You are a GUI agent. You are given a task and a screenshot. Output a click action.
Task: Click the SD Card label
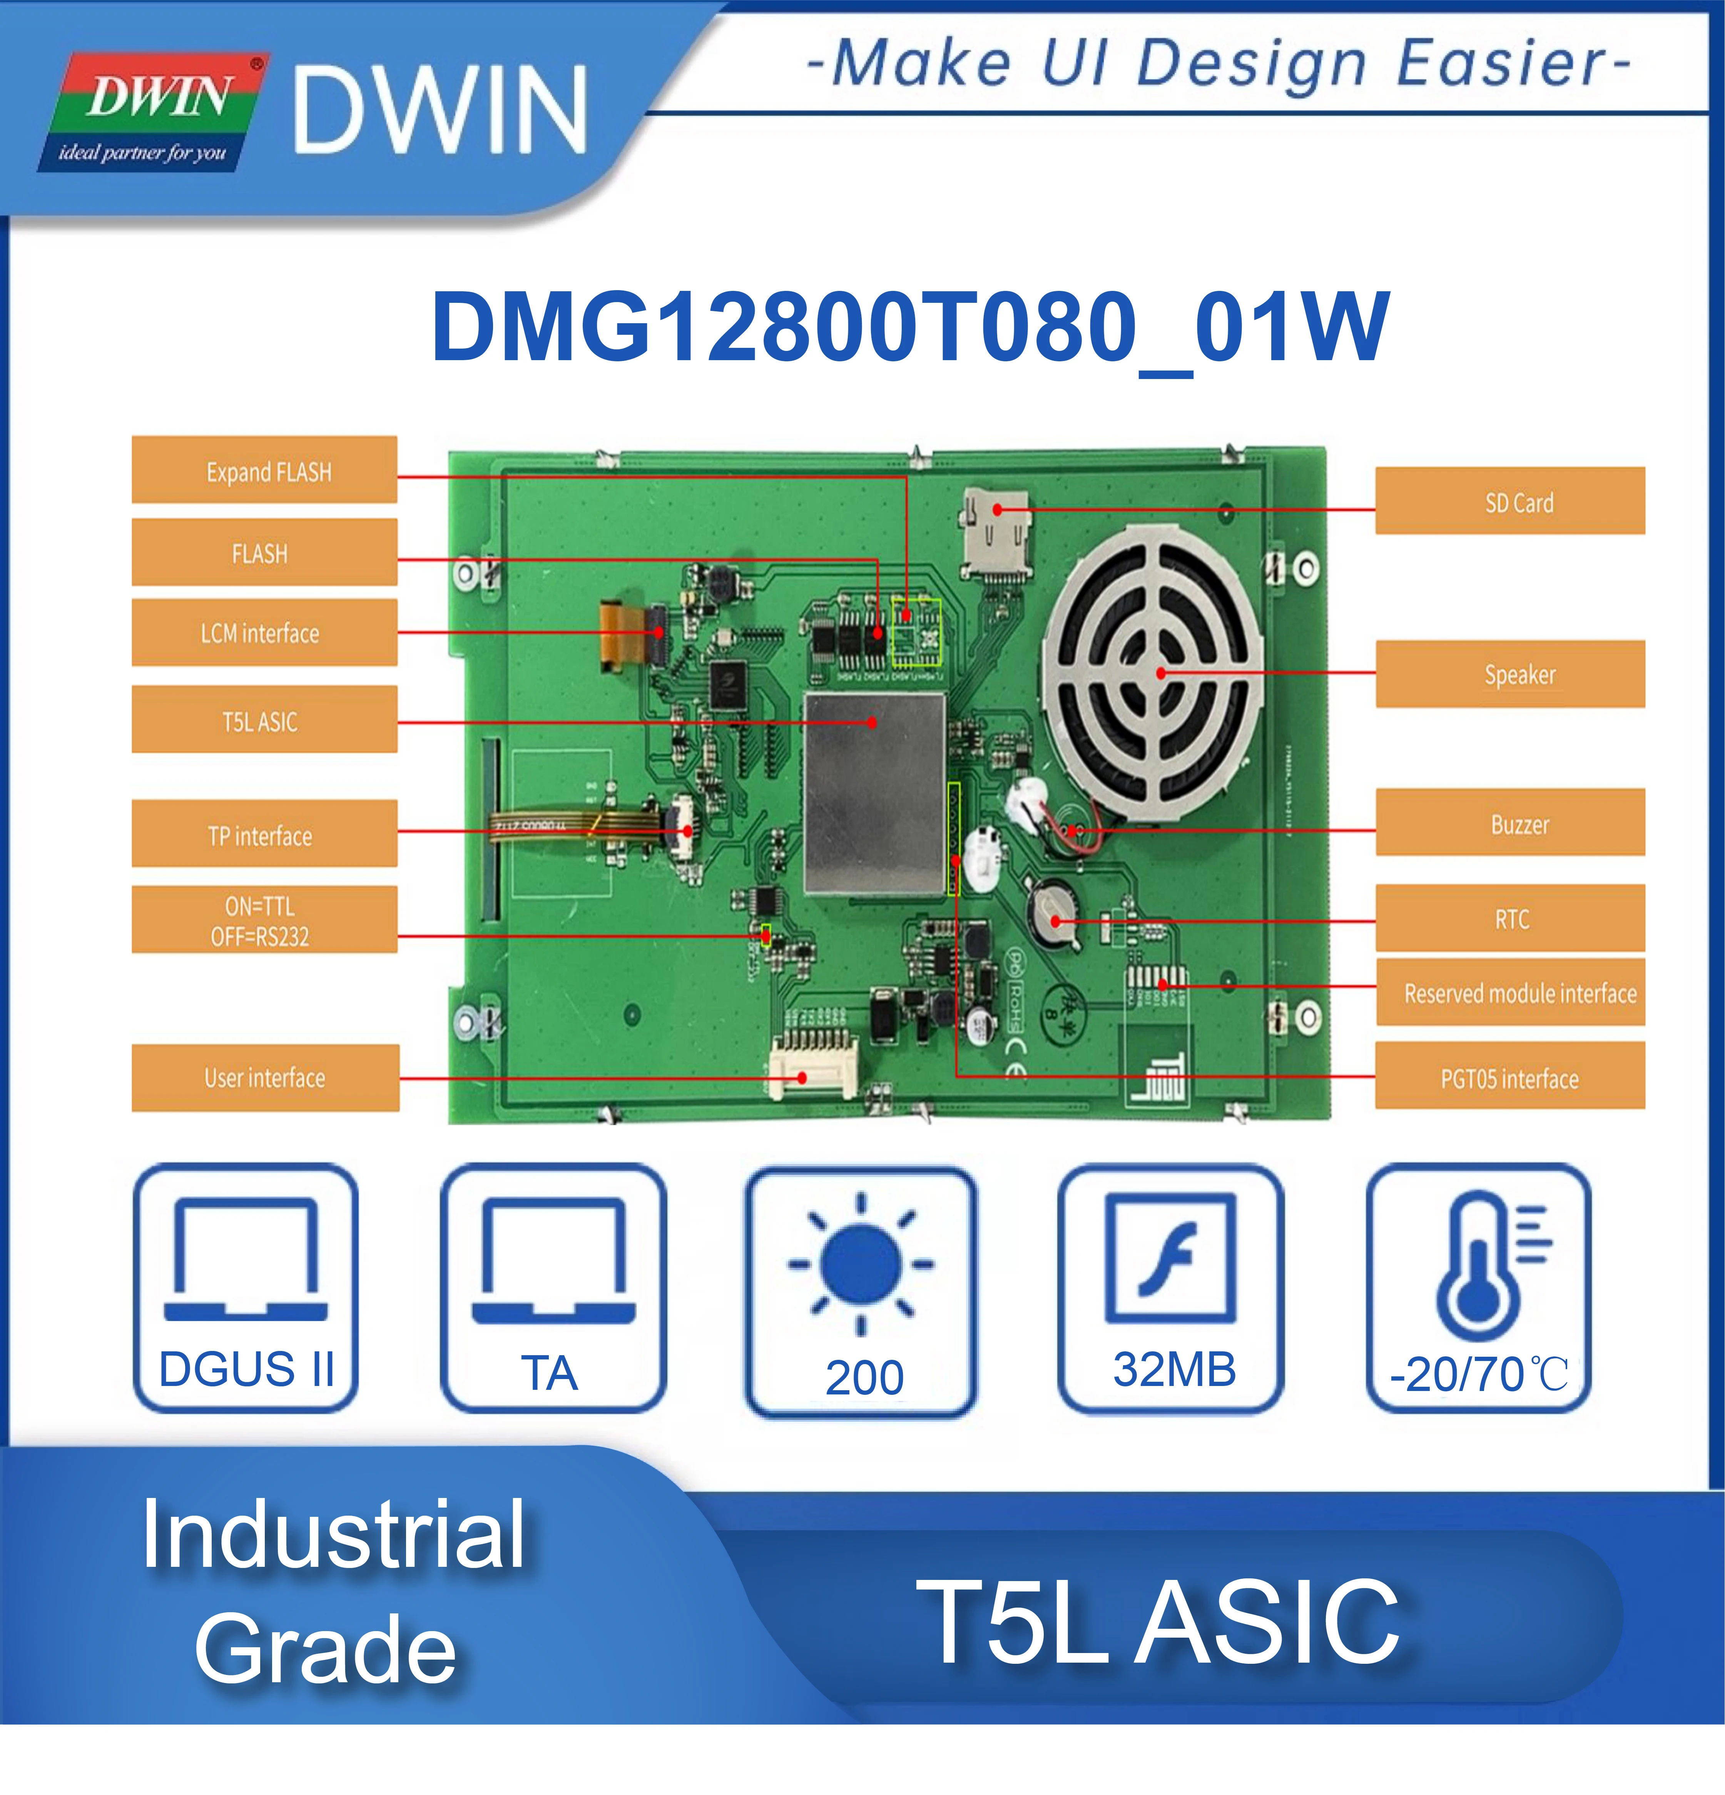1510,501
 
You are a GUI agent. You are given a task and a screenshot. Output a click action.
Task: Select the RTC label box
1510,918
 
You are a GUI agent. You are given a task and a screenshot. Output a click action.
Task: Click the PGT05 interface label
1510,1077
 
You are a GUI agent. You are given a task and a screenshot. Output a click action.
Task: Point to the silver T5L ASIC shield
874,793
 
